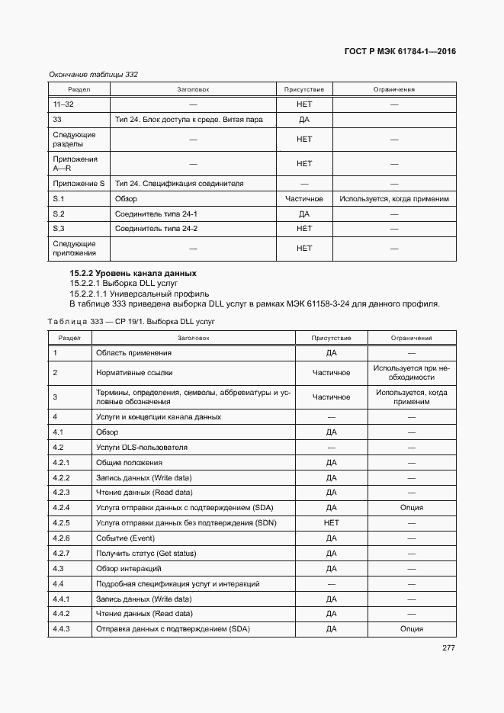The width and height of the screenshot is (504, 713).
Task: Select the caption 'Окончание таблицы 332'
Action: (x=93, y=74)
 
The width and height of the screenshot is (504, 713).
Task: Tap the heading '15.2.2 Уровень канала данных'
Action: (x=133, y=273)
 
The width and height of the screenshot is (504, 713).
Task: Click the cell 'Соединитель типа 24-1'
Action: (x=156, y=214)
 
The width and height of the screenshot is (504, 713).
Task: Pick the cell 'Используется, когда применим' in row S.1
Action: (x=394, y=199)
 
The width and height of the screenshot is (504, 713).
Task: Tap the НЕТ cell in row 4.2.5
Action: (x=331, y=523)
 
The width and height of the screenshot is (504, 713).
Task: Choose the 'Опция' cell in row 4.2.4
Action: (x=412, y=508)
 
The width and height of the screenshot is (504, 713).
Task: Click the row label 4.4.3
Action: (x=62, y=629)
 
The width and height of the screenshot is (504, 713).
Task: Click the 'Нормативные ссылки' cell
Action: (x=134, y=373)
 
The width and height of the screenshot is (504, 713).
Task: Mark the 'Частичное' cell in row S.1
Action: (x=304, y=199)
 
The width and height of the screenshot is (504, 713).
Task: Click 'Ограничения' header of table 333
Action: (x=412, y=338)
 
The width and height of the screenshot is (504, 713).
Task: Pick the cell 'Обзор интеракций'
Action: (x=128, y=569)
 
